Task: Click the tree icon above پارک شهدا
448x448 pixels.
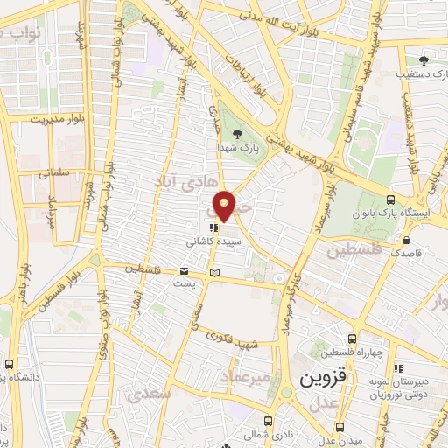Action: (x=238, y=135)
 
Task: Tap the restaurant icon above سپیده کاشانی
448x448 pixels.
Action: (x=215, y=225)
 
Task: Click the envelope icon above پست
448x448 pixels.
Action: (x=184, y=271)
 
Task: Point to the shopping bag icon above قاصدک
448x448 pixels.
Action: (x=406, y=240)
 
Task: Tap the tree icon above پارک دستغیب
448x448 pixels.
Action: (x=423, y=60)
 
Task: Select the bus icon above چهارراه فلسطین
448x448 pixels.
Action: (x=352, y=339)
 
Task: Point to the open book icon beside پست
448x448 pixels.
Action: (x=214, y=274)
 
